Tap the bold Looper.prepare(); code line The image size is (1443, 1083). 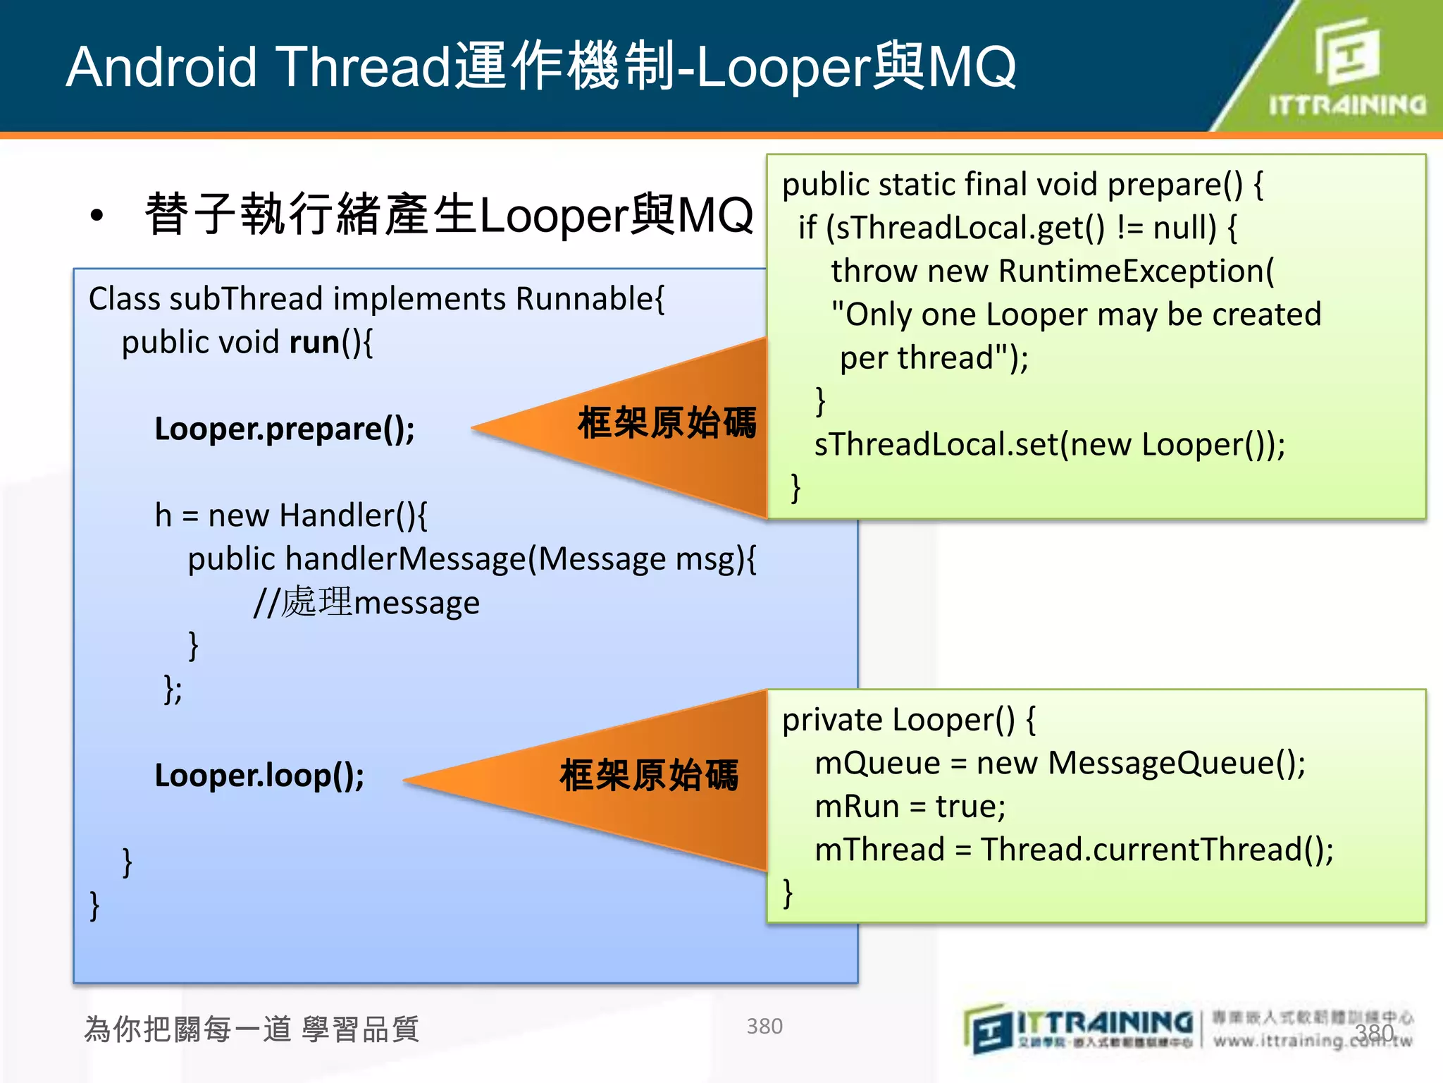click(285, 429)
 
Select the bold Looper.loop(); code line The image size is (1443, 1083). click(259, 776)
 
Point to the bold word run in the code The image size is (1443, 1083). click(314, 343)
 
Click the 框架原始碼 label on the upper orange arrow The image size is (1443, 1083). click(667, 423)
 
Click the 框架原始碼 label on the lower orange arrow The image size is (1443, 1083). click(649, 776)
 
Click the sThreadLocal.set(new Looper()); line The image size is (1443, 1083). click(1050, 445)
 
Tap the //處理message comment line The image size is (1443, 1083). click(366, 604)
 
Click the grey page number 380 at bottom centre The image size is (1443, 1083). click(764, 1026)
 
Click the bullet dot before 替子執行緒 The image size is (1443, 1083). click(97, 216)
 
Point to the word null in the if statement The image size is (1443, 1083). click(1184, 228)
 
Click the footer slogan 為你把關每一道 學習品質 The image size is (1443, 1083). click(252, 1029)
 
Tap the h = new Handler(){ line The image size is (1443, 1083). click(290, 515)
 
